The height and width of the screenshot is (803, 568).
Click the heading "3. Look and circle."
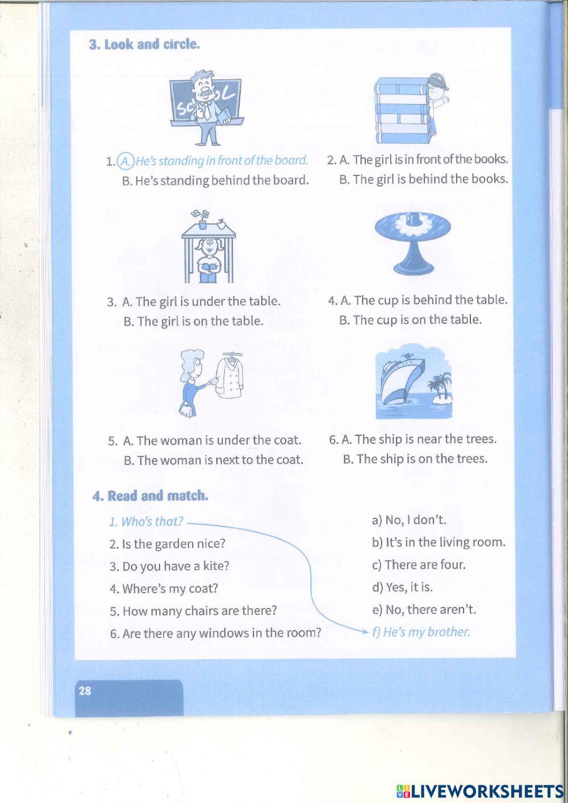pos(144,44)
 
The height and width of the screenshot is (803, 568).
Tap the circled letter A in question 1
pos(126,161)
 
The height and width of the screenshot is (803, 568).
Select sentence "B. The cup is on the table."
pos(410,320)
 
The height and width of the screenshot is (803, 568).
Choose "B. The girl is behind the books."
pos(423,179)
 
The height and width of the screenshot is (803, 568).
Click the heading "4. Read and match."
pos(150,496)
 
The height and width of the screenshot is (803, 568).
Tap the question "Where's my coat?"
pos(164,589)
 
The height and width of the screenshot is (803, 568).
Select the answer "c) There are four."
pos(419,565)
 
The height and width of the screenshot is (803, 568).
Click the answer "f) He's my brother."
pos(421,632)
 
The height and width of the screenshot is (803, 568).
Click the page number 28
pos(85,691)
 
